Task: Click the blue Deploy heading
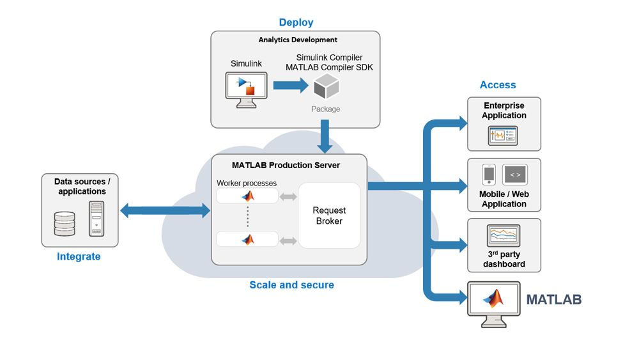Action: pos(296,22)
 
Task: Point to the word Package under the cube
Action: pos(326,109)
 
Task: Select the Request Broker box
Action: pos(329,215)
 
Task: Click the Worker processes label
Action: pos(247,184)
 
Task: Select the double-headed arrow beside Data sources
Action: pos(166,210)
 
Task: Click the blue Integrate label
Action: pos(79,256)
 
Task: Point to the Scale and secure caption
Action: pos(291,285)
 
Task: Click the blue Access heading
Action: pos(498,84)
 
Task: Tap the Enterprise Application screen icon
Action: pos(504,136)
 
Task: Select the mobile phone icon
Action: pos(489,175)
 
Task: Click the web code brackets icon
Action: pos(515,175)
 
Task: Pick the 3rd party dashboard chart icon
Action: pos(504,236)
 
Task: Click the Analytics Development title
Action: pos(298,40)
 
